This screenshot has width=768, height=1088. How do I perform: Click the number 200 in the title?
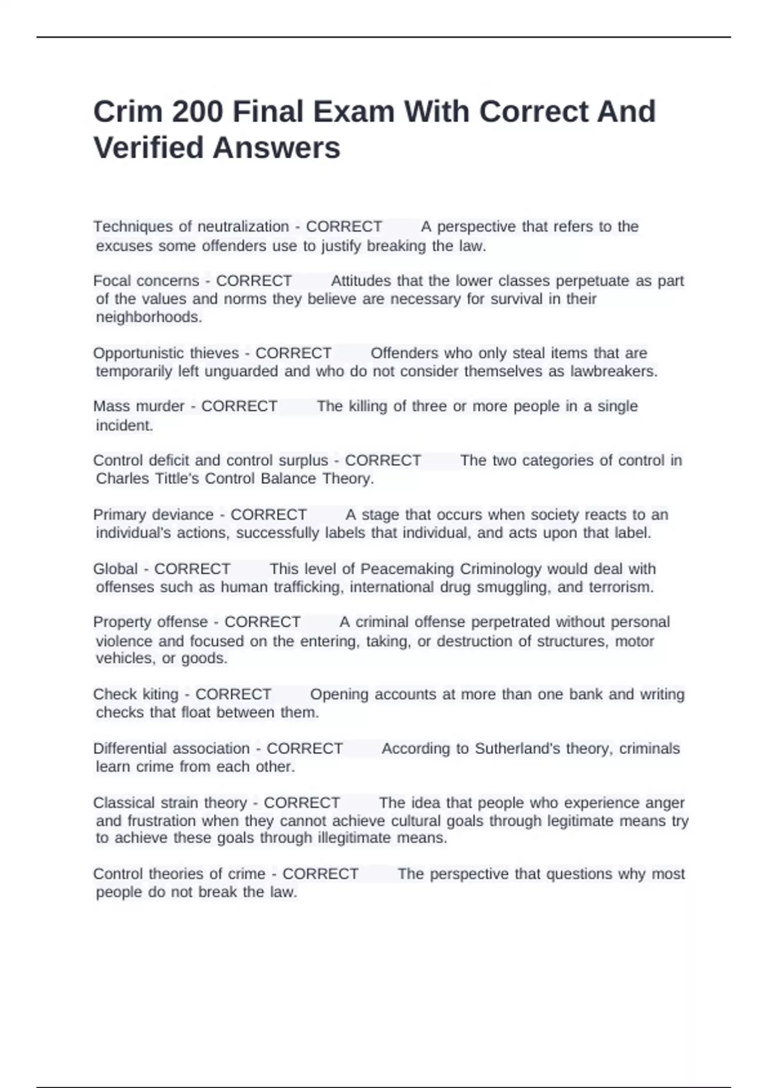(197, 112)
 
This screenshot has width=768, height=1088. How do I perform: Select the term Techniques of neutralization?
(191, 227)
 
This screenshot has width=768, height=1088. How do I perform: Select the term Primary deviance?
(153, 515)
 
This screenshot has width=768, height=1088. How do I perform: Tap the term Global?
(115, 569)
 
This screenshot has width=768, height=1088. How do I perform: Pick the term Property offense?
(150, 622)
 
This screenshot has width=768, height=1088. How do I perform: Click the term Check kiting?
(136, 694)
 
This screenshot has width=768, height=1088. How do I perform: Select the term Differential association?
(171, 749)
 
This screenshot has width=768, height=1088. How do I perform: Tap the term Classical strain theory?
(170, 803)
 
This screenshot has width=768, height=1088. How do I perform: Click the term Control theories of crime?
(179, 874)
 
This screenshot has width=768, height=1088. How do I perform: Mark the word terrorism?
(620, 588)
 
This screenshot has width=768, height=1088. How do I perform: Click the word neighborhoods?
(148, 317)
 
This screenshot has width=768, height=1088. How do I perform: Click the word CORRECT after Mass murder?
(239, 406)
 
